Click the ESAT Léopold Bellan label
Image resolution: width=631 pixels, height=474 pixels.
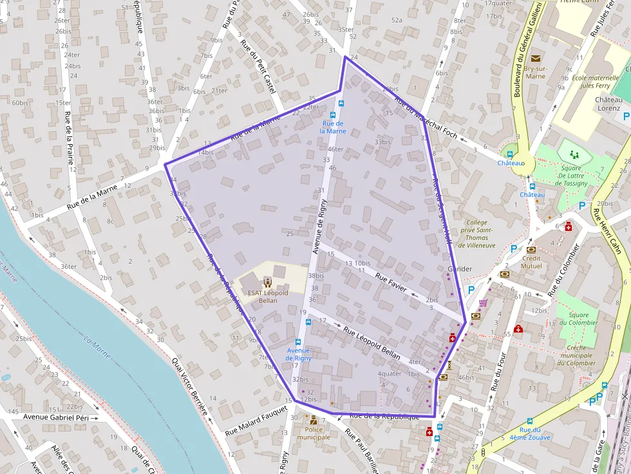[x=267, y=296]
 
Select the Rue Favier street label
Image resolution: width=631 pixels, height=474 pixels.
[x=391, y=282]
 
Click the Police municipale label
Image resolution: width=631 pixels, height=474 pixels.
[x=314, y=433]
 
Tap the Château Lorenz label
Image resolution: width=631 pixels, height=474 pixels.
[x=608, y=104]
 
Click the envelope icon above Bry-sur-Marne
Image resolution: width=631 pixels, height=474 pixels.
[x=536, y=59]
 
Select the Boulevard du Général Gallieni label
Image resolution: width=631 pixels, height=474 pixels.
[x=527, y=50]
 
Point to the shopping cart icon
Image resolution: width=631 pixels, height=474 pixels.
[x=483, y=303]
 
